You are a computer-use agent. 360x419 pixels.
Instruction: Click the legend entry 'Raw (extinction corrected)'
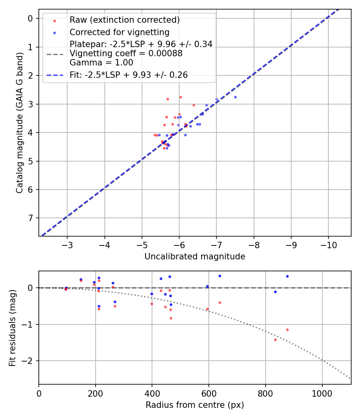[x=124, y=20]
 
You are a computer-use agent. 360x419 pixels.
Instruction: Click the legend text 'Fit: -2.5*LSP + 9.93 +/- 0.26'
[x=128, y=75]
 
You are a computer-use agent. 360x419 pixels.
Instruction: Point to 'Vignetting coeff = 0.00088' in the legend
[x=126, y=53]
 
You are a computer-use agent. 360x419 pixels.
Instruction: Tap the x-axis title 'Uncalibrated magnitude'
[x=195, y=257]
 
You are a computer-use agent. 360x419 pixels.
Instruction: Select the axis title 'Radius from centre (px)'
[x=195, y=405]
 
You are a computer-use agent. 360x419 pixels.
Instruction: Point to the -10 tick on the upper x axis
[x=328, y=244]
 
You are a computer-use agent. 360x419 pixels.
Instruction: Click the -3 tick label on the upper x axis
[x=67, y=244]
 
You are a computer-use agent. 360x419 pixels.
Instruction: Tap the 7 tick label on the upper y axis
[x=30, y=218]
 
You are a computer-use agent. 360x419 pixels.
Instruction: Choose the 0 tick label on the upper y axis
[x=30, y=19]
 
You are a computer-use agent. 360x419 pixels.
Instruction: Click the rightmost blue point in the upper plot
[x=235, y=97]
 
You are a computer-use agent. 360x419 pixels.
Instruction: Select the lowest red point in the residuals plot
[x=275, y=340]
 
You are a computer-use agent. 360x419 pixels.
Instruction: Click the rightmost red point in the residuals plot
[x=287, y=330]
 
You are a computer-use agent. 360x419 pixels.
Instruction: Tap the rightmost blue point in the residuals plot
[x=287, y=276]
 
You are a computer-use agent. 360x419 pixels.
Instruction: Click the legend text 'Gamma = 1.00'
[x=101, y=63]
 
